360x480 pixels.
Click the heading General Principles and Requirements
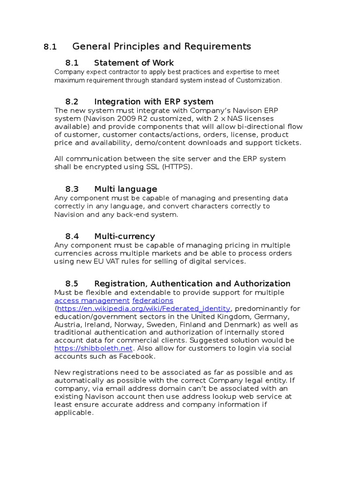162,46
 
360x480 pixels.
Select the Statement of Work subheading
134,63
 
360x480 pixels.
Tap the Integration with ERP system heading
154,102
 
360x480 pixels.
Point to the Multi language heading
126,189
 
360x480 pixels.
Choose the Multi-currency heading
124,236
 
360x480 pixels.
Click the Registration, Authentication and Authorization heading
192,284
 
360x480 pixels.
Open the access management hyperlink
92,300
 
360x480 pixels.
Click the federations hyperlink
153,300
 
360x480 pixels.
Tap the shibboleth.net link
94,348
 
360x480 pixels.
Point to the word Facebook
139,356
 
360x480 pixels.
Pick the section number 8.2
72,102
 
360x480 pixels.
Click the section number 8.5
72,284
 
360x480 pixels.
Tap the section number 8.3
72,189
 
